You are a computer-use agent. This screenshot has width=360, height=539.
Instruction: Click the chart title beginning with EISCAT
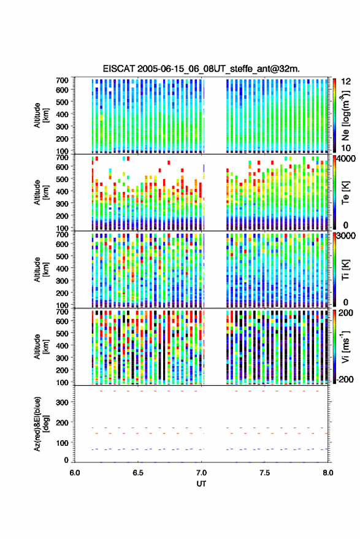tap(201, 69)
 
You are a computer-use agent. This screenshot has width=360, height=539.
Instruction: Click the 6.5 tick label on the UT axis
tap(138, 473)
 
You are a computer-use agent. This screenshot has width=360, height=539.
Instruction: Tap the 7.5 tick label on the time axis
tap(264, 473)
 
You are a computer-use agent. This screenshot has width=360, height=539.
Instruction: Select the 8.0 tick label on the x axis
tap(328, 473)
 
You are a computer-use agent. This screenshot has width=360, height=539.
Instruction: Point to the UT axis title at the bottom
tap(201, 484)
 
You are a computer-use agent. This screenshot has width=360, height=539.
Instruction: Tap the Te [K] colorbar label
tap(345, 193)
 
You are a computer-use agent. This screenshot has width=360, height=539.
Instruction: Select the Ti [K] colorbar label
tap(345, 270)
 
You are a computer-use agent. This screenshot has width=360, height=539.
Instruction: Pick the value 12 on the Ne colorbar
tap(346, 82)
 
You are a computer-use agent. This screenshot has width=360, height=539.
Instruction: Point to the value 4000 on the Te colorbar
tap(346, 159)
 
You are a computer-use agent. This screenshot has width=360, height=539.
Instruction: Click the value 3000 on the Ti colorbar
tap(346, 236)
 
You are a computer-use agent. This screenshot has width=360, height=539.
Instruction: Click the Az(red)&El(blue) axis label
tap(41, 424)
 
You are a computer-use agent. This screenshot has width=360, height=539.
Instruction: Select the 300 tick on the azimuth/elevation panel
tap(62, 402)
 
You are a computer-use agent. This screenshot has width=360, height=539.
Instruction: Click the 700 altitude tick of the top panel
tap(62, 80)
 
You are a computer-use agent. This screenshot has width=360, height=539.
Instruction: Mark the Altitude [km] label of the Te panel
tap(41, 193)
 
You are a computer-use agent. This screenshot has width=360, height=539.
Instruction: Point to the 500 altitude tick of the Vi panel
tap(62, 333)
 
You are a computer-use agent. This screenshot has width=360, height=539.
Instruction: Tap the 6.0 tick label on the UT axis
tap(75, 473)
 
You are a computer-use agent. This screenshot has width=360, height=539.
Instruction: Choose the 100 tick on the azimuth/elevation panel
tap(62, 443)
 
